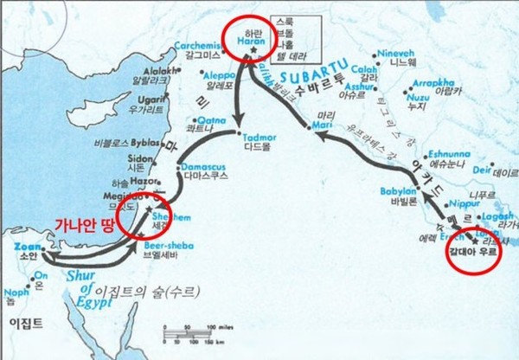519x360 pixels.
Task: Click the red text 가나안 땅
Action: [85, 222]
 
